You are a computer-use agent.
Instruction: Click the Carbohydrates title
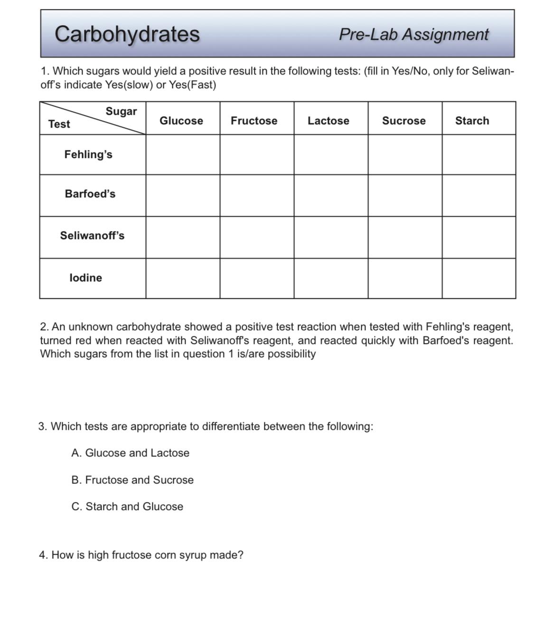coord(127,34)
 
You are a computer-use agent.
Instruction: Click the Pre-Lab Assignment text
coord(413,34)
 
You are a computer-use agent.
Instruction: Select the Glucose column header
coord(181,121)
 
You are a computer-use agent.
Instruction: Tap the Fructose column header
coord(254,121)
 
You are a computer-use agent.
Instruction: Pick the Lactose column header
coord(328,121)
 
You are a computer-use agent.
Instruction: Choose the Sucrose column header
coord(403,121)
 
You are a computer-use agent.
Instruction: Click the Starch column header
coord(472,121)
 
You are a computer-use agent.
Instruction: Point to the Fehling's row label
coord(88,154)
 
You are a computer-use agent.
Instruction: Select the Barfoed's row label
coord(90,194)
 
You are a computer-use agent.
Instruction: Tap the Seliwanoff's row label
coord(92,235)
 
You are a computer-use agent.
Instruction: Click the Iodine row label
coord(85,278)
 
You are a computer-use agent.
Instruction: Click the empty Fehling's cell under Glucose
coord(183,155)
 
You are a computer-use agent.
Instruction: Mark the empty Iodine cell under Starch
coord(478,279)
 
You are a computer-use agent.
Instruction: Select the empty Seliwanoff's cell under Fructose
coord(257,237)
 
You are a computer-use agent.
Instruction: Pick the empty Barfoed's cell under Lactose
coord(331,195)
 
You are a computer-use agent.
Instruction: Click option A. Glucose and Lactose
coord(130,453)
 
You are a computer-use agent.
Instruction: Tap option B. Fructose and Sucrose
coord(132,480)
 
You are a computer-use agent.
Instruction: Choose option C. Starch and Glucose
coord(127,506)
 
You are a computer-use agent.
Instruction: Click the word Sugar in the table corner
coord(121,111)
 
